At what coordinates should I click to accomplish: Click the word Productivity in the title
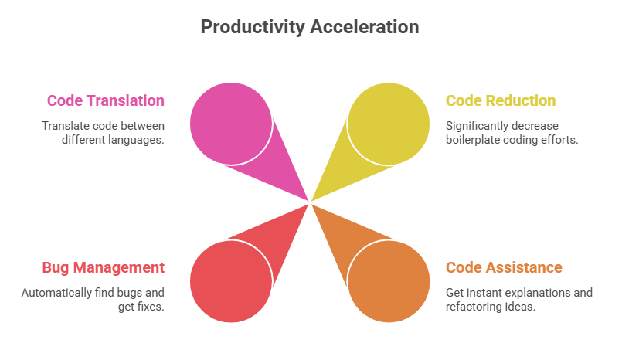pos(253,28)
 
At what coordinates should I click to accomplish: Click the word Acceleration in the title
pos(365,27)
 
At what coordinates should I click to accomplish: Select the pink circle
pos(231,124)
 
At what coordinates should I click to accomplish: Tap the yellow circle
pos(389,124)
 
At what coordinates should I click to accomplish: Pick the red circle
pos(231,281)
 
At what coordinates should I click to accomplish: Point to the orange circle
pos(389,281)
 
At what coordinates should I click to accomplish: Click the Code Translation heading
pos(106,100)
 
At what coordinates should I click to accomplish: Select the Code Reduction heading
pos(501,100)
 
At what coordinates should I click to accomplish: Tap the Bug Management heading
pos(103,267)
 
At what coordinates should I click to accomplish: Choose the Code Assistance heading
pos(504,267)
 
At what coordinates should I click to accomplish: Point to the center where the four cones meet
pos(310,202)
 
